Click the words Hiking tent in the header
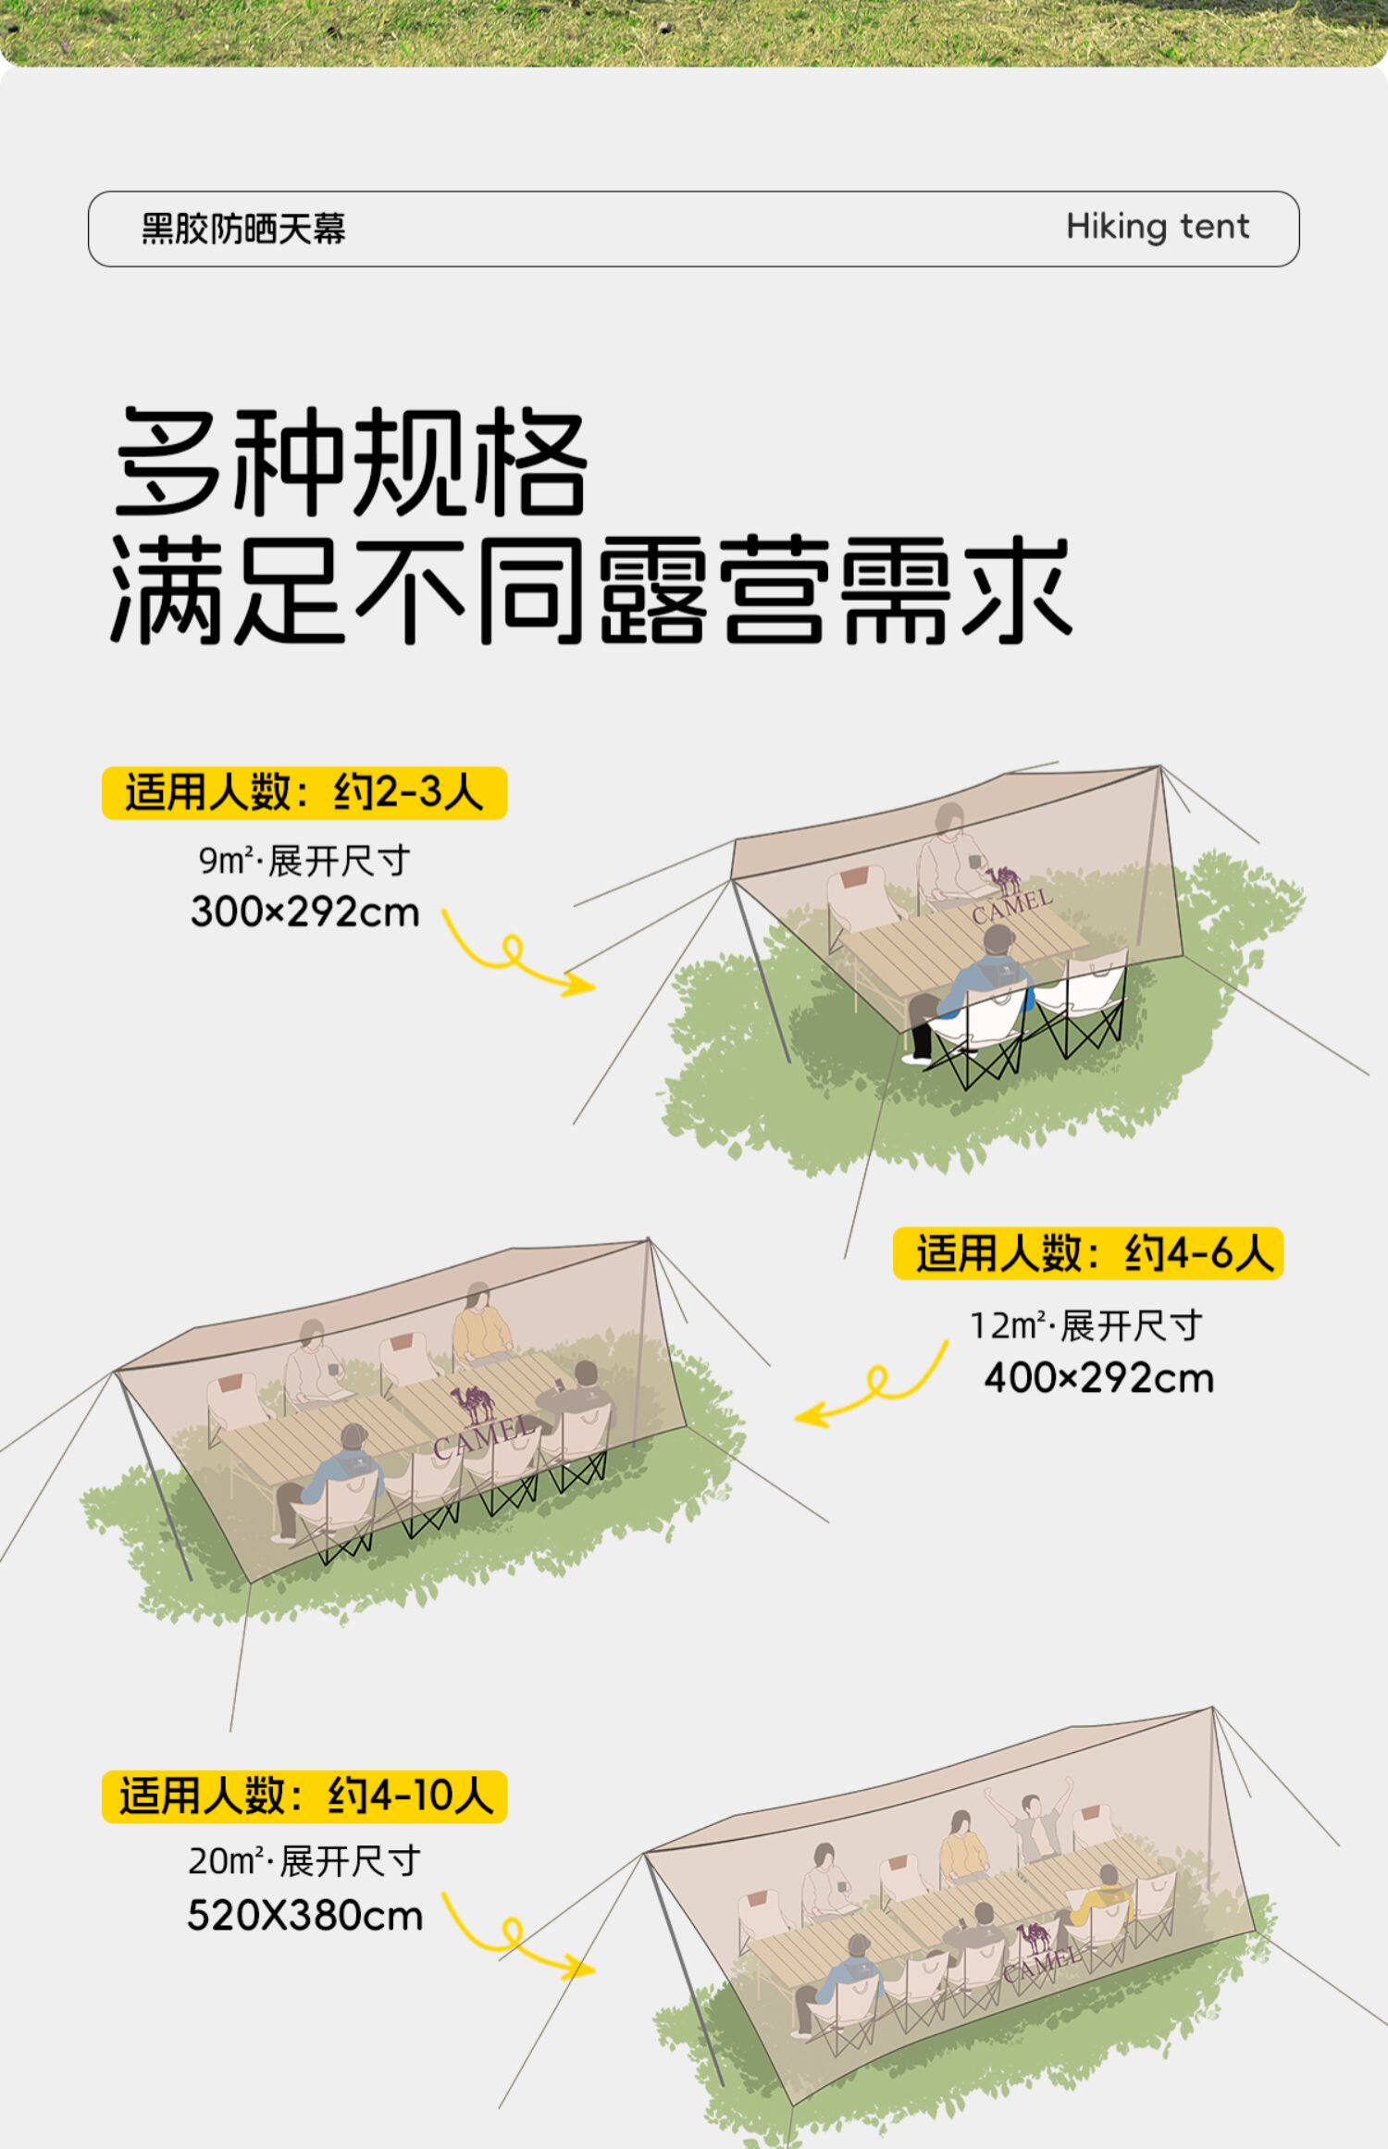(1157, 227)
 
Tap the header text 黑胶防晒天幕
(243, 229)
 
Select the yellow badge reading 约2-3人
(304, 793)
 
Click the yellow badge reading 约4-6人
(1088, 1253)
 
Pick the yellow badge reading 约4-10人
(304, 1796)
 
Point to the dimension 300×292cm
(304, 913)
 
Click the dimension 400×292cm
(1098, 1378)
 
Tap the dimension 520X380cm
(304, 1915)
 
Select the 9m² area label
(226, 862)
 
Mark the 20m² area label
(226, 1861)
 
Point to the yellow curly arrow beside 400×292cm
(872, 1387)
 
